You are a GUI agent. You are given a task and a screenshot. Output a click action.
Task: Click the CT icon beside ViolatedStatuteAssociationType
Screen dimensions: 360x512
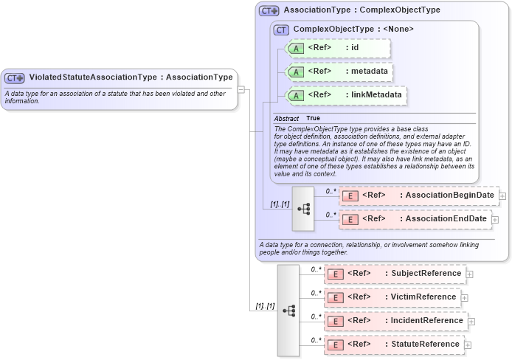coord(15,77)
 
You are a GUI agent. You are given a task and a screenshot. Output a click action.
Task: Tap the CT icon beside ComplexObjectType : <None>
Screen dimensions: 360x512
coord(281,30)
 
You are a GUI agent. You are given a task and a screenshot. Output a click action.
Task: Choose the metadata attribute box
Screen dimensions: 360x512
coord(339,72)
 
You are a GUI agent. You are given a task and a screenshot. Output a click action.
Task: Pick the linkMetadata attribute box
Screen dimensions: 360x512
coord(346,95)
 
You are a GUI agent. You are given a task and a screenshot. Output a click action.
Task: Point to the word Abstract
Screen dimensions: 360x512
coord(286,119)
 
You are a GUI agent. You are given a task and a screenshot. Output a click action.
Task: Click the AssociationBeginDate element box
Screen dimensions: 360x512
coord(418,195)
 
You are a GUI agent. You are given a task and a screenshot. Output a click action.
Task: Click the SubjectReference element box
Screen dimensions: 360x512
coord(394,274)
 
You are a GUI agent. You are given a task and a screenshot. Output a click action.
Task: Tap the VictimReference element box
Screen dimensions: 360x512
coord(392,297)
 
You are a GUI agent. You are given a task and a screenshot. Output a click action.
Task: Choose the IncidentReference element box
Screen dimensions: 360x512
coord(396,321)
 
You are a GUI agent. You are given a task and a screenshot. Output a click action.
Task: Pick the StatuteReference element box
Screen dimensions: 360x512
coord(393,345)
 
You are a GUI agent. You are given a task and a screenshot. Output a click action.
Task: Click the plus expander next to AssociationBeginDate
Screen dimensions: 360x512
coord(502,195)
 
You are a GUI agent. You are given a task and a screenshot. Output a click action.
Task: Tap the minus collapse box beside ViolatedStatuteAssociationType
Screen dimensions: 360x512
coord(241,89)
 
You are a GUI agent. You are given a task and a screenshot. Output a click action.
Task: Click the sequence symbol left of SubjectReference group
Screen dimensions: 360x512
coord(288,311)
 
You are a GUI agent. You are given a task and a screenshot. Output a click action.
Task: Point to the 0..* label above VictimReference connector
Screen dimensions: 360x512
coord(316,293)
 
